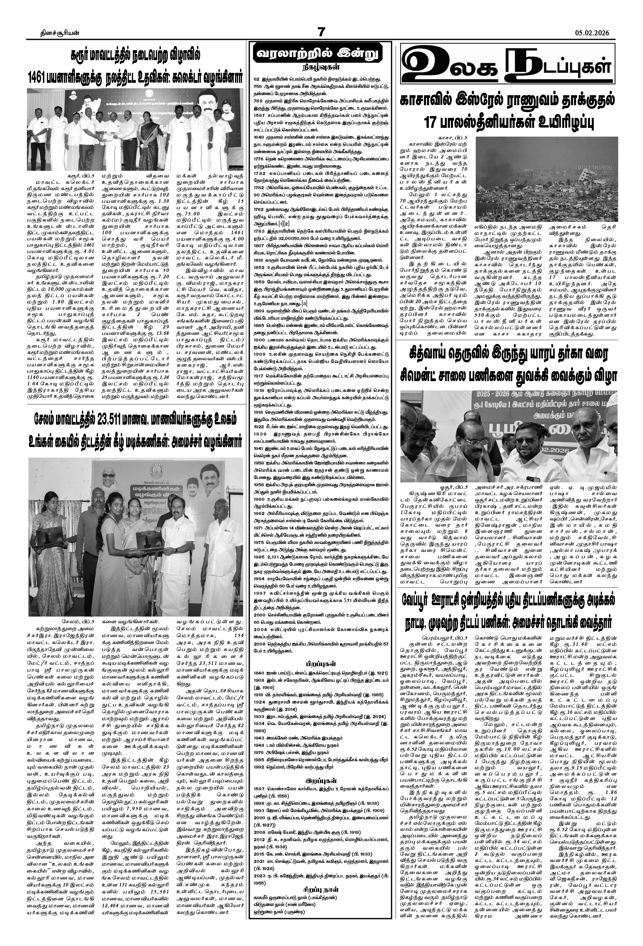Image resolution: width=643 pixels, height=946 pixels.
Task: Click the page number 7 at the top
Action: (x=321, y=32)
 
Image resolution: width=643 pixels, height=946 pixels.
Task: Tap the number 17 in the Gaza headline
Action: (x=432, y=122)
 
